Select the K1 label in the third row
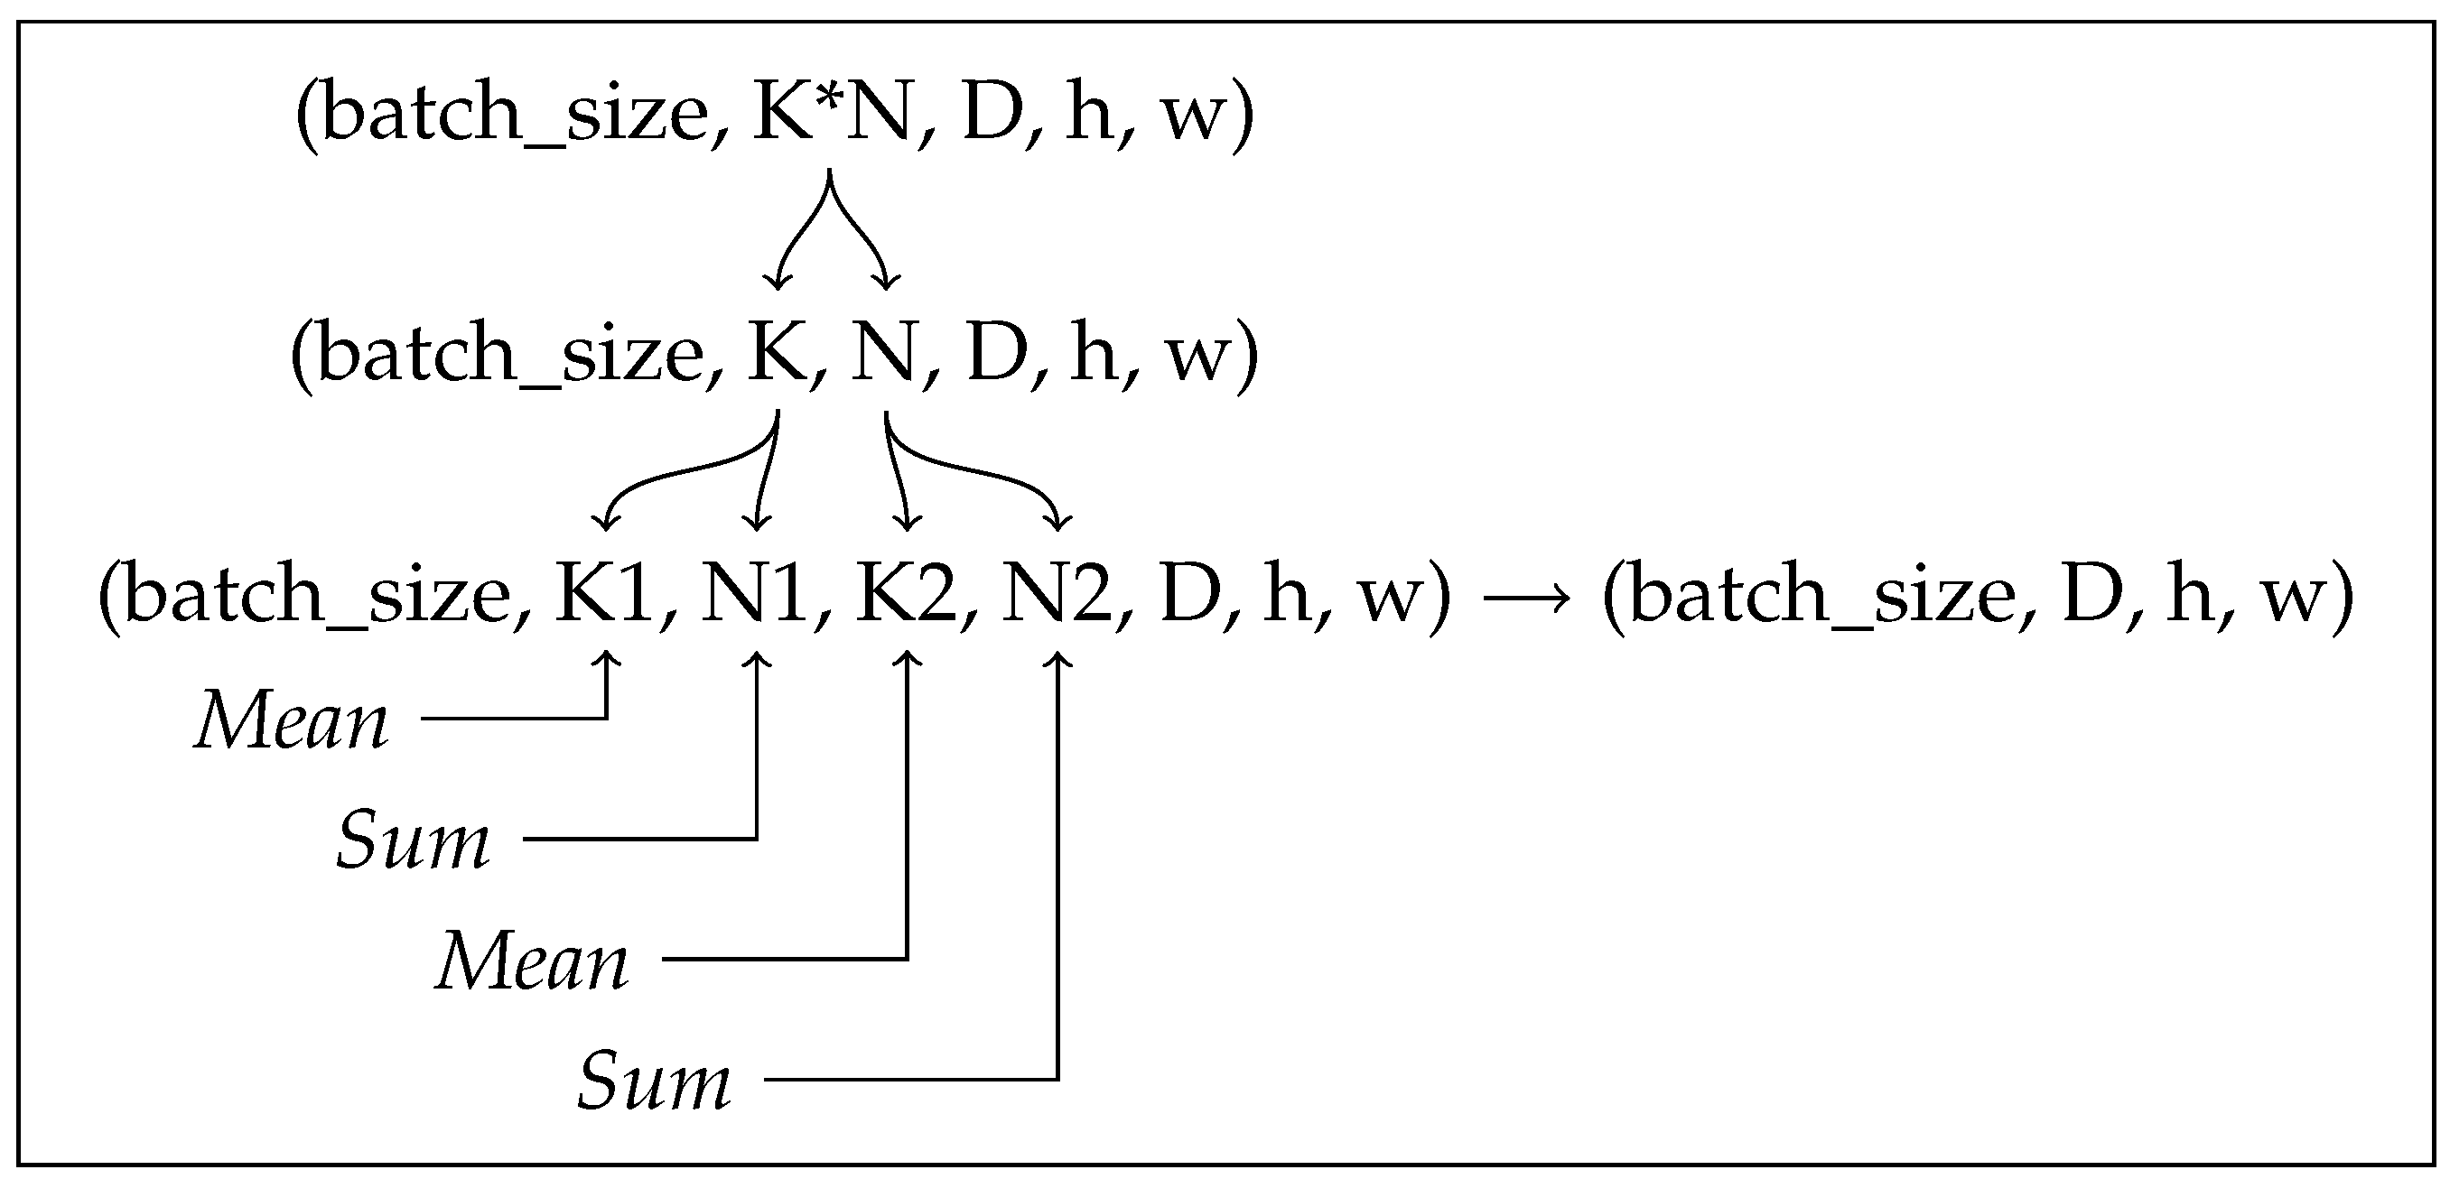click(606, 594)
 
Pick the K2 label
click(908, 594)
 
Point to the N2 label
click(1057, 594)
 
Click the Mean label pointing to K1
click(291, 721)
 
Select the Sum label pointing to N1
click(413, 841)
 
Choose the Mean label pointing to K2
click(532, 962)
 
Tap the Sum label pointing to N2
click(654, 1082)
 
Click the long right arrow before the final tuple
click(1526, 598)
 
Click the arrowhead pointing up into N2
click(1057, 658)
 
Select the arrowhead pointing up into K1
click(607, 658)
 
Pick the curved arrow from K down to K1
click(685, 470)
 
